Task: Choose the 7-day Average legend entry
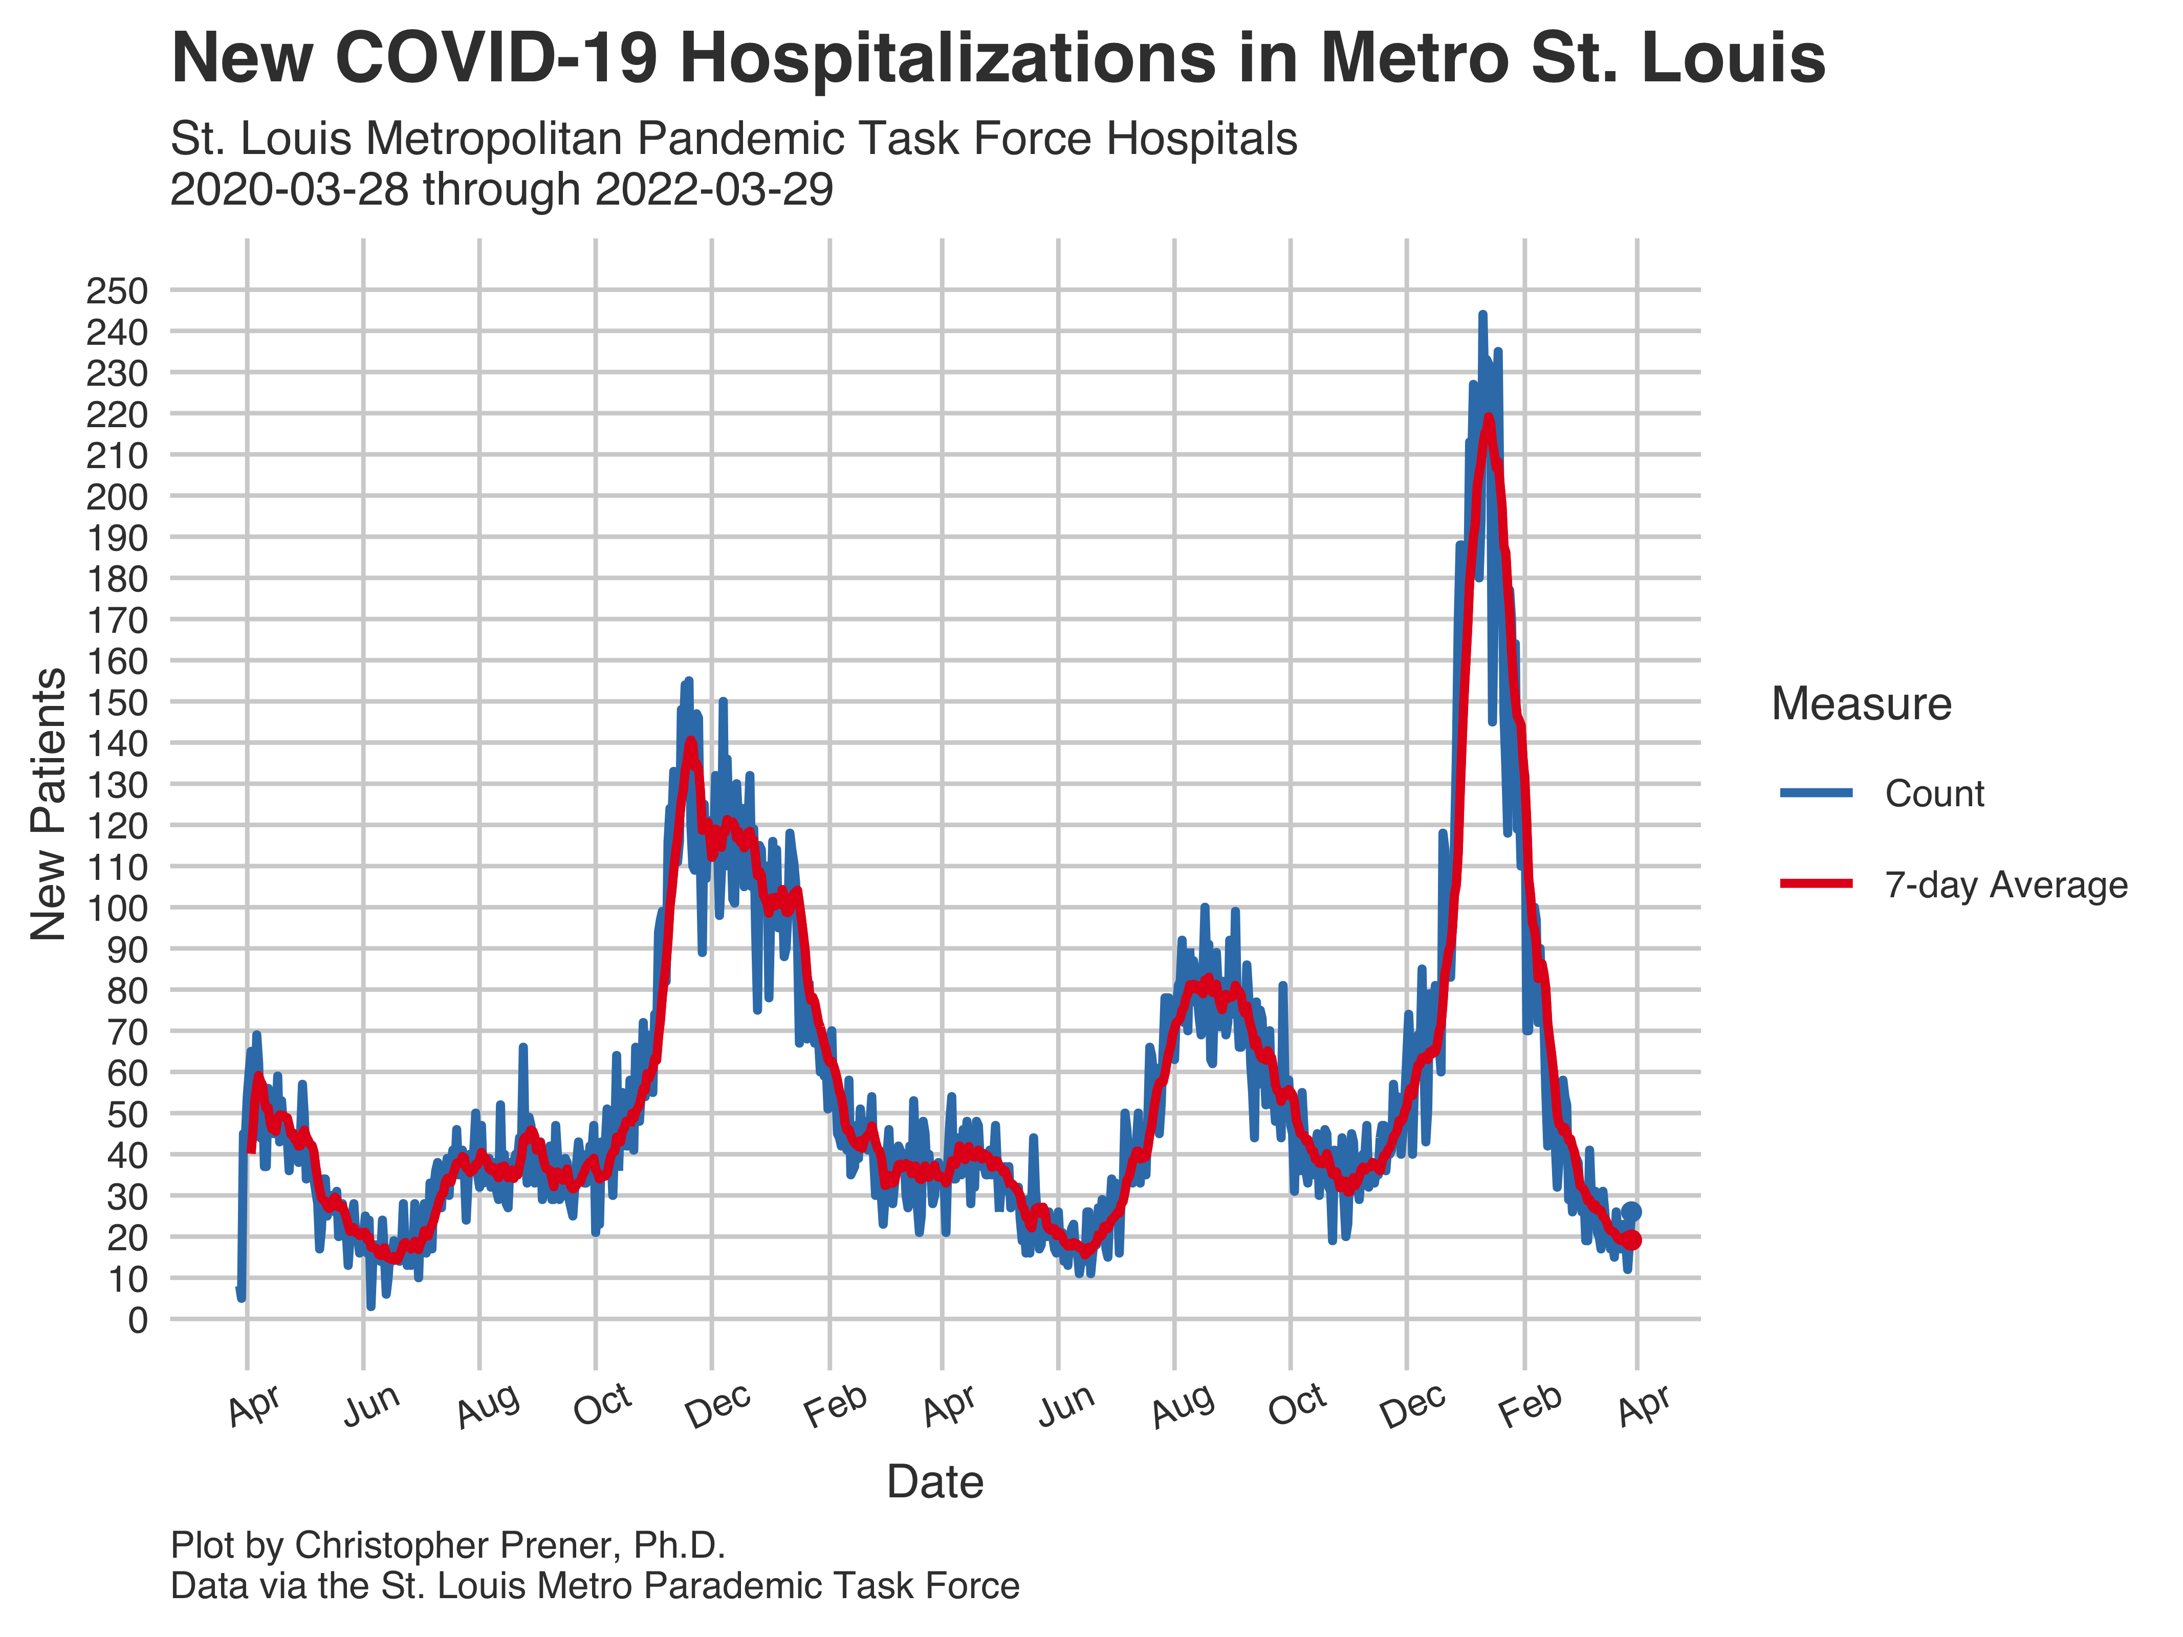(x=2005, y=885)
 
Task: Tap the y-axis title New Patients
(x=48, y=804)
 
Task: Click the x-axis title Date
(x=934, y=1482)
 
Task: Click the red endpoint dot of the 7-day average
(x=1632, y=1241)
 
